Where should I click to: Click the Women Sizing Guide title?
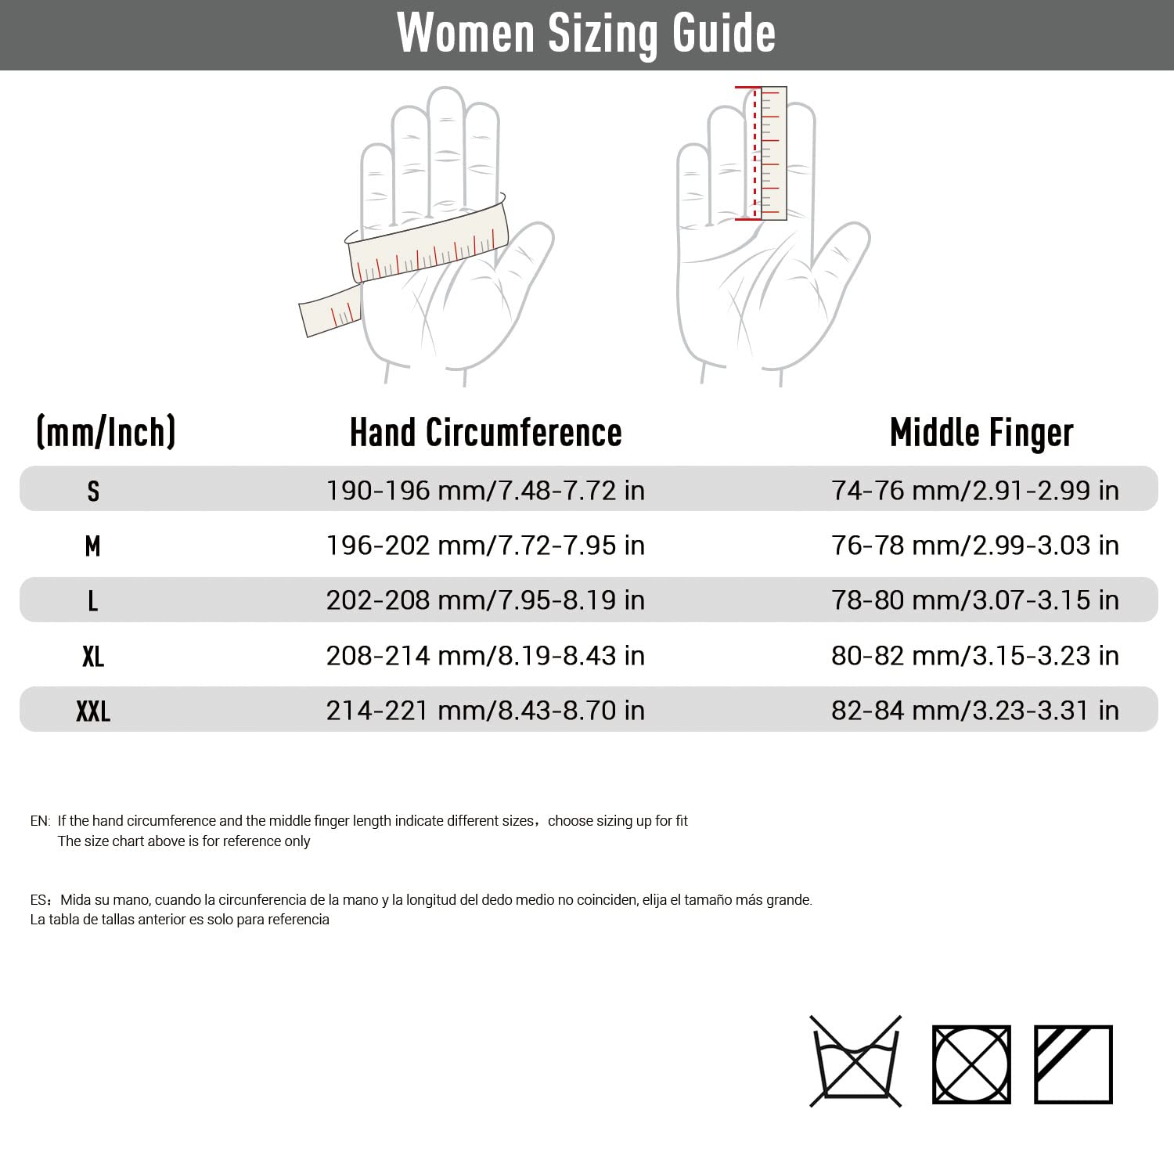(x=586, y=34)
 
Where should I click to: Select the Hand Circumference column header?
(x=485, y=433)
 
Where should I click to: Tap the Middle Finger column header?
(x=981, y=433)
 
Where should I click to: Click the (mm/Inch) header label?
(x=106, y=432)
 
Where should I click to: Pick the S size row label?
(x=93, y=491)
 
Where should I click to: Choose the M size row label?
(x=93, y=546)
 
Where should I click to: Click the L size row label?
(x=93, y=601)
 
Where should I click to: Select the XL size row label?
(x=93, y=656)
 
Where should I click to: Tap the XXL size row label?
(x=93, y=711)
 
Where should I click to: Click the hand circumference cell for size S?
(x=485, y=491)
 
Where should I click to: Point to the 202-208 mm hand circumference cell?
(x=485, y=600)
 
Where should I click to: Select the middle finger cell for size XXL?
(x=975, y=711)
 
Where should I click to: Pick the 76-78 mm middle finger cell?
(x=975, y=546)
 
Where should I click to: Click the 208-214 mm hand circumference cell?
(x=485, y=656)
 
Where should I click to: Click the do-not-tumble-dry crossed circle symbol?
(x=971, y=1064)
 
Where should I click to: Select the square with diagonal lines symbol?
(x=1073, y=1064)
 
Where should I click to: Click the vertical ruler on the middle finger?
(x=772, y=153)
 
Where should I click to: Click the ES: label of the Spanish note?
(x=41, y=900)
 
